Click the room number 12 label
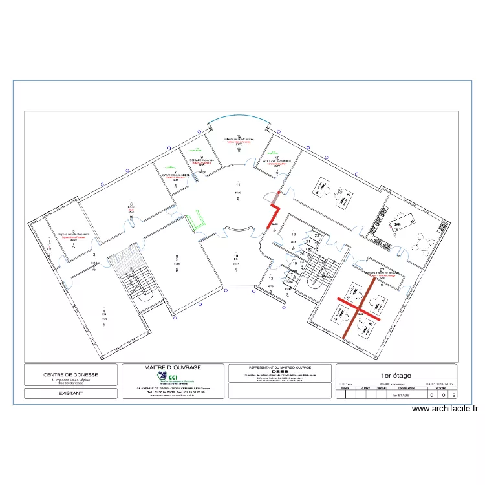[239, 136]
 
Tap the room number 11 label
[238, 185]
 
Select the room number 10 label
[235, 257]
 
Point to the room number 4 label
[104, 311]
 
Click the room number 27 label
[382, 269]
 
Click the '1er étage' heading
[396, 374]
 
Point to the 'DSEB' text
[279, 372]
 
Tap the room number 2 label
[74, 230]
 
